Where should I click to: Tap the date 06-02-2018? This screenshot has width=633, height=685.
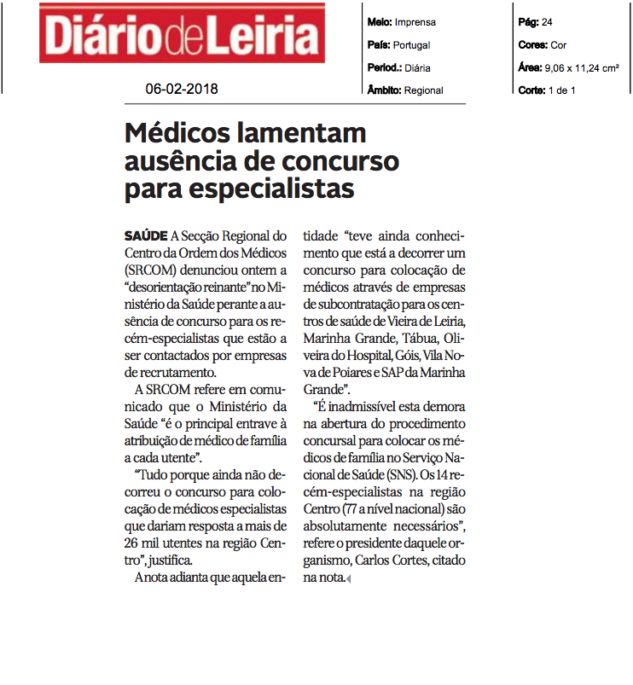coord(180,88)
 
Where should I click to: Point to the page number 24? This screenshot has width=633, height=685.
coord(547,22)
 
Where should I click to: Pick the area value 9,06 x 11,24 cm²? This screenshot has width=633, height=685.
coord(580,68)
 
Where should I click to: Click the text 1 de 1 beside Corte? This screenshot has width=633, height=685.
coord(560,90)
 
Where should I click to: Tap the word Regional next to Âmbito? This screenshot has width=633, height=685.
coord(424,90)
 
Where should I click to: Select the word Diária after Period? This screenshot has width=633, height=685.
coord(418,68)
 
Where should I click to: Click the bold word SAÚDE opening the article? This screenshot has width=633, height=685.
coord(146,235)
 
